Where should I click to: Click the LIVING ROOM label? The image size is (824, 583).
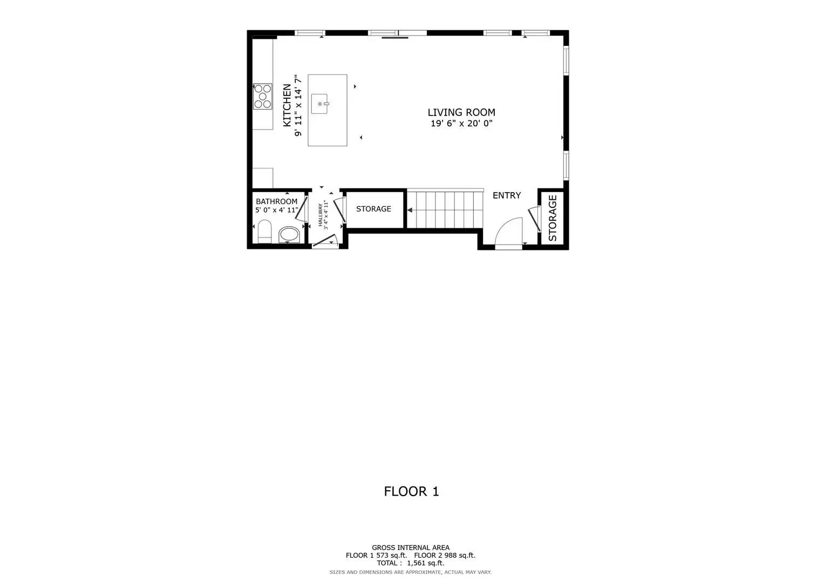(x=461, y=112)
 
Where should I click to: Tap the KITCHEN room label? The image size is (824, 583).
(x=287, y=105)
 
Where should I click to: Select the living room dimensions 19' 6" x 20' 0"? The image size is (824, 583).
(x=461, y=124)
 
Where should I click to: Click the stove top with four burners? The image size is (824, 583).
(x=263, y=96)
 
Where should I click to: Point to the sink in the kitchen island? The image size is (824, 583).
(x=320, y=104)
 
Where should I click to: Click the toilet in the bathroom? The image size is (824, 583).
(x=264, y=232)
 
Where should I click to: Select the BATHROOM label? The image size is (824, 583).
(x=276, y=201)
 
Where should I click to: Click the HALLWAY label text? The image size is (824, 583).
(x=320, y=214)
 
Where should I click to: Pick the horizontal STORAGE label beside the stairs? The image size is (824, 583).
(x=373, y=209)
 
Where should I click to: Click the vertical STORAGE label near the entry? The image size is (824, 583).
(x=553, y=218)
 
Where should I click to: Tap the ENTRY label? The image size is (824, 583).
(x=507, y=195)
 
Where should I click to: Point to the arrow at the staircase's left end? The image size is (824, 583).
(x=410, y=209)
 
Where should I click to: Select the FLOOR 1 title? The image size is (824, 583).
(x=411, y=491)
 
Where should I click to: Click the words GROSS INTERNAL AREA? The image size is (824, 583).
(x=410, y=547)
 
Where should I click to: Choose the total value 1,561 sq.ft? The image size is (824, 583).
(x=425, y=562)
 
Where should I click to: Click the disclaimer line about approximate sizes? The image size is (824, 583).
(x=410, y=572)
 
